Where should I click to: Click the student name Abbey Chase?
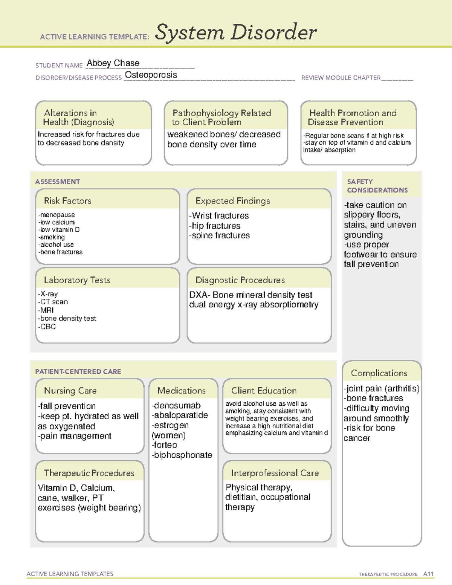pos(113,63)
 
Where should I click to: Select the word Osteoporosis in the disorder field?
pos(151,75)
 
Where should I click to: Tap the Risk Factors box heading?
pos(67,201)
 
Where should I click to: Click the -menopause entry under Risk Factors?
pos(56,215)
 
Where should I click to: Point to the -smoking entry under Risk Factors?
pos(52,237)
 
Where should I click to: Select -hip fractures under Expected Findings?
pos(215,226)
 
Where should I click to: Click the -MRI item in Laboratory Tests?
pos(46,310)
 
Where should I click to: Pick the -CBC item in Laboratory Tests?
pos(47,327)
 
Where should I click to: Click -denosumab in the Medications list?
pos(176,406)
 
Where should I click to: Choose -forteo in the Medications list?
pos(164,445)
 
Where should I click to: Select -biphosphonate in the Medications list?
pos(182,455)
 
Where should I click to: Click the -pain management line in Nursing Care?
pos(75,436)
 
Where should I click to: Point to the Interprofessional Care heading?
pos(275,473)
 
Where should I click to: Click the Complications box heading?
pos(379,373)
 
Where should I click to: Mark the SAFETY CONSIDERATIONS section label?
pos(377,186)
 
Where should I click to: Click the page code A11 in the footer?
pos(428,574)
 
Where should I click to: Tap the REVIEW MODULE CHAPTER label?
pos(341,78)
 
